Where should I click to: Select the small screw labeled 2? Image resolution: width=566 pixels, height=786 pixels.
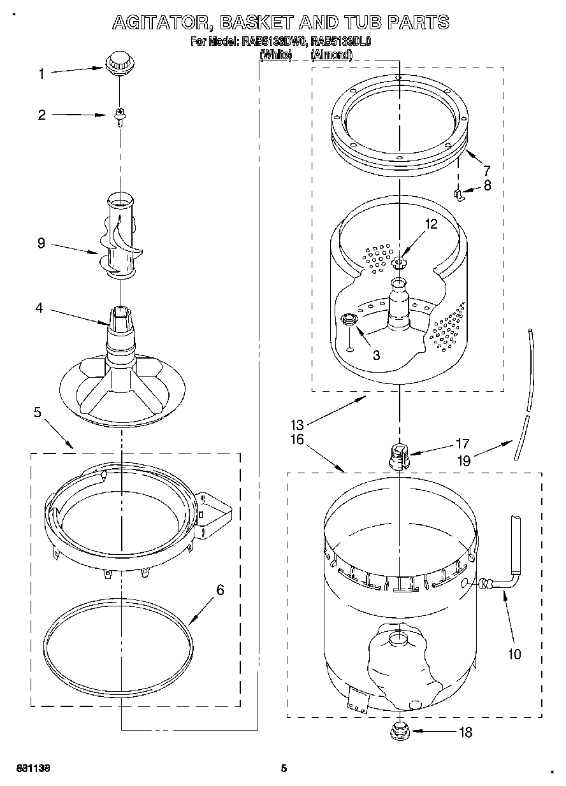point(119,116)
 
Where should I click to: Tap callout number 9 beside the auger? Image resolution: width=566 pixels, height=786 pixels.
point(41,243)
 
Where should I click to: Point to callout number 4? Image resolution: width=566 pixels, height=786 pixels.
point(39,308)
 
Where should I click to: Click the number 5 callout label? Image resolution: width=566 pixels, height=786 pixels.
point(37,413)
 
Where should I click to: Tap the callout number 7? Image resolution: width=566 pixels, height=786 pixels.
point(486,170)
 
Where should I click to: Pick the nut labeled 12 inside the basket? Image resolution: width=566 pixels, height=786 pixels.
point(400,262)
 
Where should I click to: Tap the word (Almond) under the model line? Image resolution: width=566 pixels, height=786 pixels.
point(331,55)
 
